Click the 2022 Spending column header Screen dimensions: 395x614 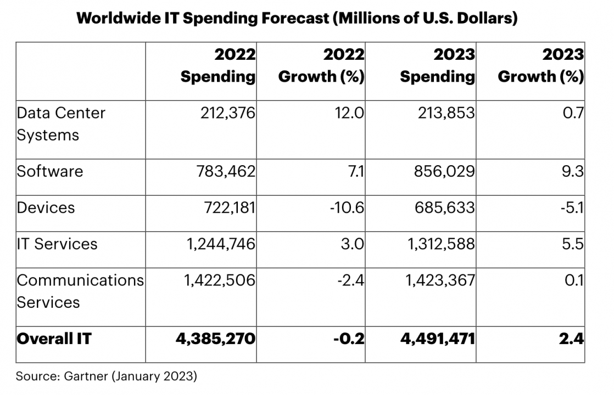[218, 66]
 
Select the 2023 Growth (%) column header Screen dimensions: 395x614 [540, 66]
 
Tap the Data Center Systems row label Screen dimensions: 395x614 [61, 123]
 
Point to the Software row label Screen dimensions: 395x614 [50, 171]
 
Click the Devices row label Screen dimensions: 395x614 [46, 207]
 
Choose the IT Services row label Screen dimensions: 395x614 [57, 244]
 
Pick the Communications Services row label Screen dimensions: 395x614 [80, 291]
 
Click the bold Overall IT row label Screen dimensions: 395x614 [54, 338]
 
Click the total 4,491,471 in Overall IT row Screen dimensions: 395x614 [438, 338]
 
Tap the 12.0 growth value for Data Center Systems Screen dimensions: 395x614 [351, 113]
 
